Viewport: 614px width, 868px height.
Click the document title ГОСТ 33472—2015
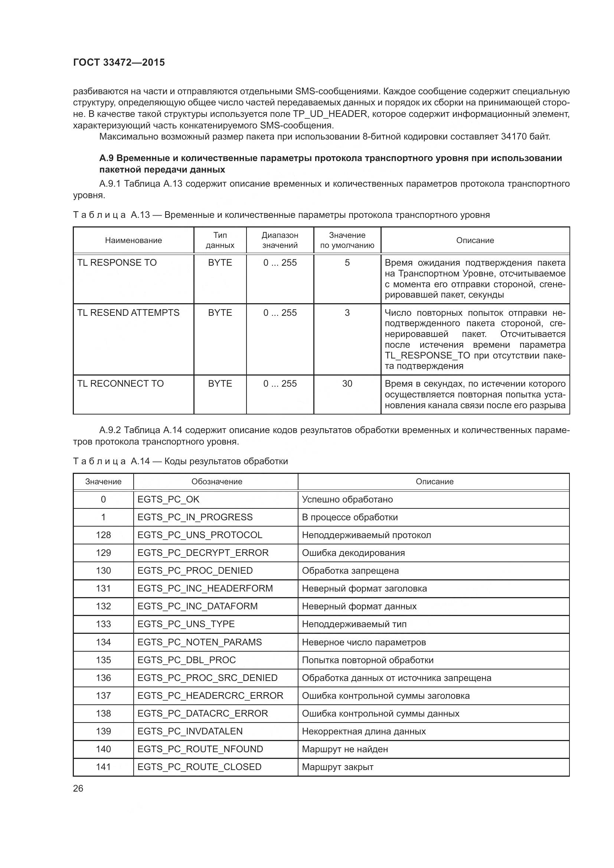point(119,63)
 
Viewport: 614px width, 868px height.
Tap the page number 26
point(78,789)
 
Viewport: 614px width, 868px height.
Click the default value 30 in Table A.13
point(347,384)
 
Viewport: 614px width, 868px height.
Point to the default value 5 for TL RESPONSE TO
point(347,263)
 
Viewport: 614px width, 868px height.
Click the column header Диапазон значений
point(280,240)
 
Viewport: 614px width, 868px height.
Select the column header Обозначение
point(217,482)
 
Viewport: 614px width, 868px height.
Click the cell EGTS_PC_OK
point(168,499)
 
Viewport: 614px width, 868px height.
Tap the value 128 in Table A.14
point(103,535)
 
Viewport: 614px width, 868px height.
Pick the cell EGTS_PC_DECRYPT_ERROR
point(203,553)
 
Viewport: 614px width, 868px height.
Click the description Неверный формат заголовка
point(364,588)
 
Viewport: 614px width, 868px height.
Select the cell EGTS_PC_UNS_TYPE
point(186,624)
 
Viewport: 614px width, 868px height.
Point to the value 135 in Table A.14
point(103,660)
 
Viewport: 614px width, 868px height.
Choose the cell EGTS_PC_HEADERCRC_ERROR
point(210,695)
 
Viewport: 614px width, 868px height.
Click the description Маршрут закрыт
point(337,767)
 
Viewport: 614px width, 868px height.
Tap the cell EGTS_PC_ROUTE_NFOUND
point(200,749)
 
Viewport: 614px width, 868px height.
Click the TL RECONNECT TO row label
point(120,384)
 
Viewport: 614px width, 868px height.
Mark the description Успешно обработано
point(347,499)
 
